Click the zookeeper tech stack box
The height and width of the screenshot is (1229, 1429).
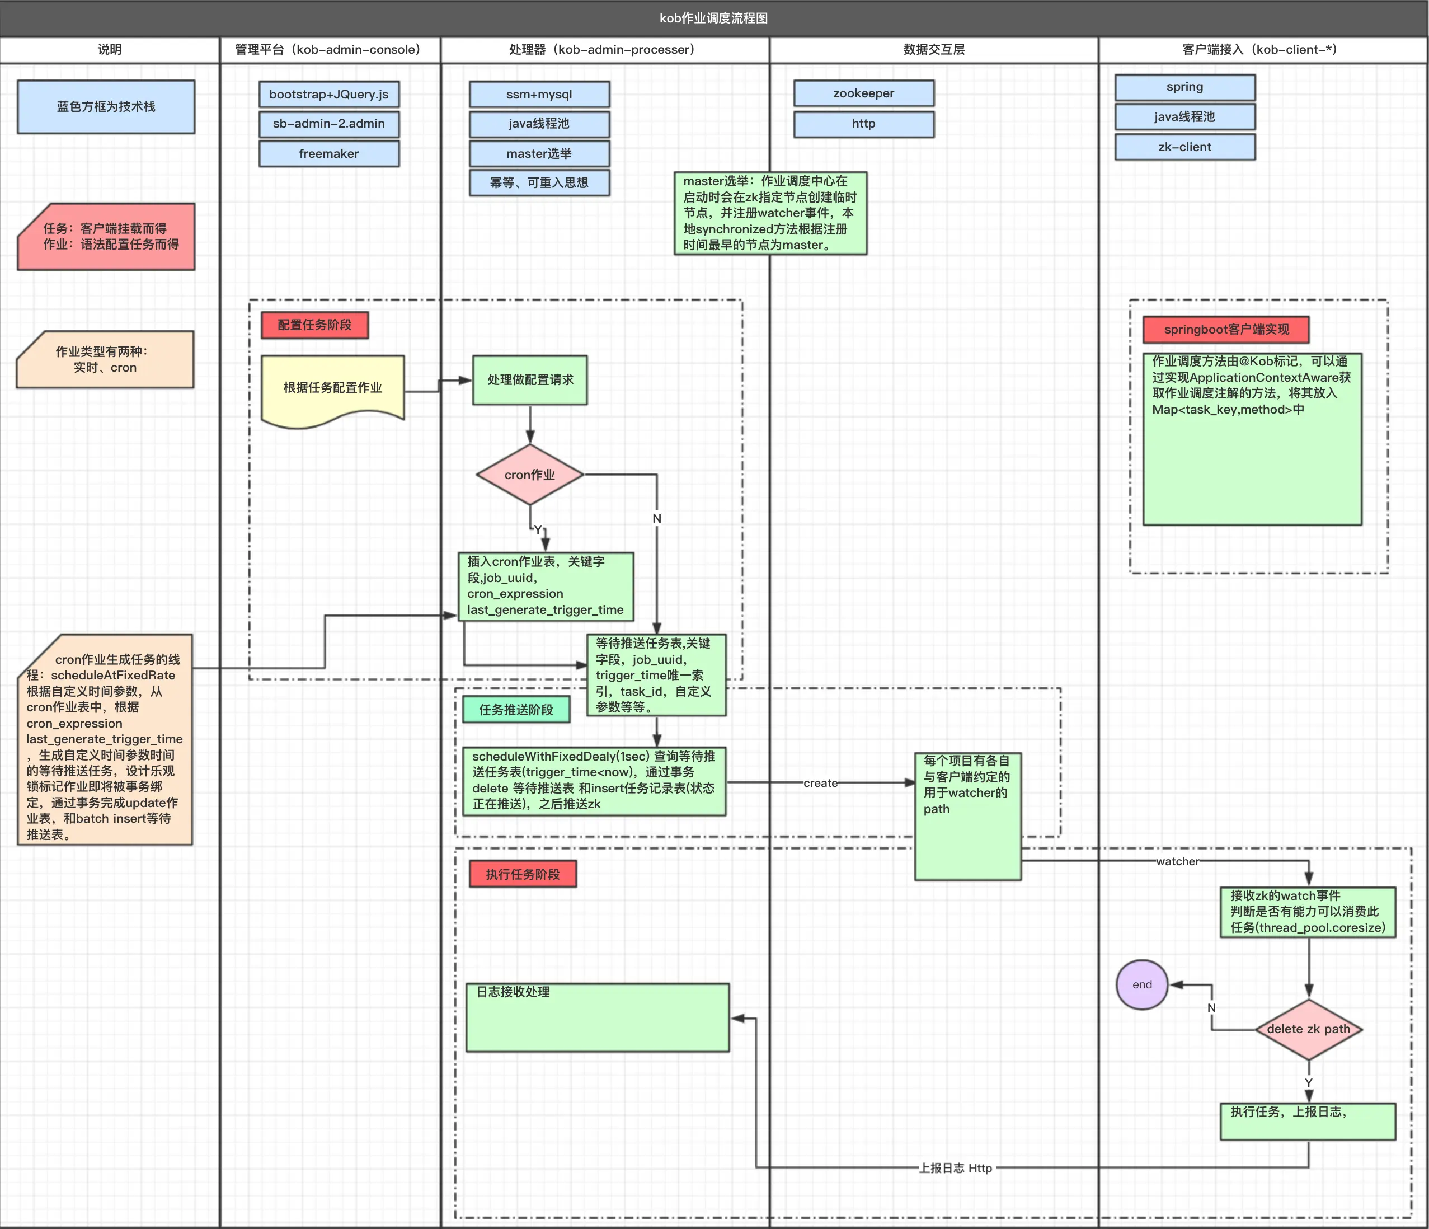point(863,93)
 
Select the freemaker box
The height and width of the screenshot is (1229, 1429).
point(329,154)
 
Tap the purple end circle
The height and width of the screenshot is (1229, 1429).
point(1141,984)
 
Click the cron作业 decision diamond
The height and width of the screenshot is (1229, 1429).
point(530,475)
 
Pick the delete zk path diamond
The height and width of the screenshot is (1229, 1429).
point(1308,1029)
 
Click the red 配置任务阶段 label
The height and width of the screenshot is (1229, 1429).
point(314,325)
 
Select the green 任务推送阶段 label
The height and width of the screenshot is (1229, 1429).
point(516,710)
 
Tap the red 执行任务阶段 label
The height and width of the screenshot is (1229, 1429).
point(523,874)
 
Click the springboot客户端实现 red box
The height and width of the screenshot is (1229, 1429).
point(1225,330)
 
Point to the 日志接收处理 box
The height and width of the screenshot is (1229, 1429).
point(597,1017)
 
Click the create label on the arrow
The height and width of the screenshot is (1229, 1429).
point(820,783)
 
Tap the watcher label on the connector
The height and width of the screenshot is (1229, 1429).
point(1177,861)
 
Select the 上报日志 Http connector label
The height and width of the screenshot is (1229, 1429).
point(955,1167)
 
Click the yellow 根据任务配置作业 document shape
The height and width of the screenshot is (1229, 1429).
point(332,388)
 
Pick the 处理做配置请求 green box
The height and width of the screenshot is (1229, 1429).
point(530,380)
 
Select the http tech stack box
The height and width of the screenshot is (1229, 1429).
point(863,124)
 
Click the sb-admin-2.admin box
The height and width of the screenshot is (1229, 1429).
point(329,124)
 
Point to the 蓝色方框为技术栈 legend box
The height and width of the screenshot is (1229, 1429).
point(106,107)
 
